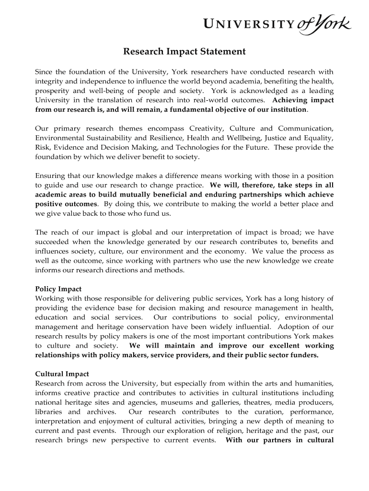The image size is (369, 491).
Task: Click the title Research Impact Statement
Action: tap(184, 52)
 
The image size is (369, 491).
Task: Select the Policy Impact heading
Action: tap(58, 289)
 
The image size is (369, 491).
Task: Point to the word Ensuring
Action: tap(50, 176)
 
